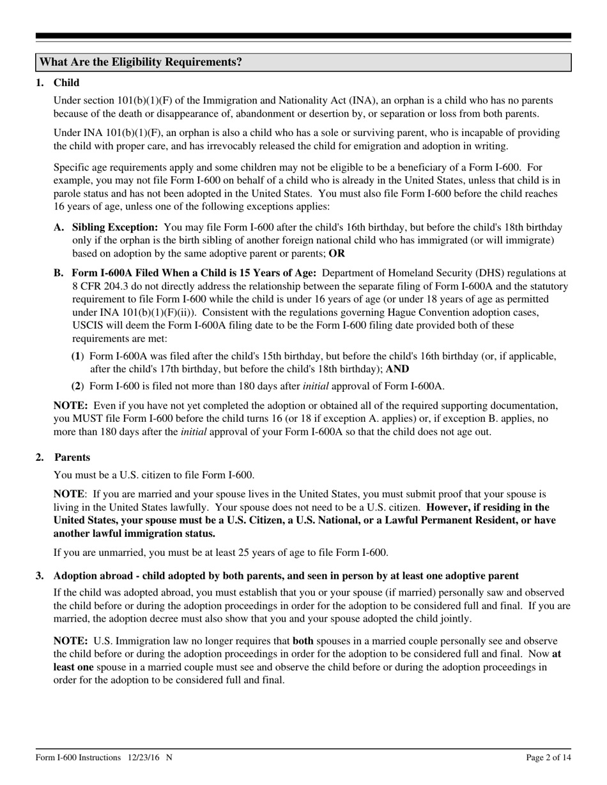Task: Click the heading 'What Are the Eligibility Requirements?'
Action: [141, 62]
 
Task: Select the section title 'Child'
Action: [66, 83]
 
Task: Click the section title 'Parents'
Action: [72, 458]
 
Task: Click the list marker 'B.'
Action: [59, 273]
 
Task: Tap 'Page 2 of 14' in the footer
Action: [548, 758]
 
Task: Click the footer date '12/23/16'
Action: [144, 758]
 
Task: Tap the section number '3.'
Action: [40, 576]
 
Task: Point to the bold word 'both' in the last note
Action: [303, 641]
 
